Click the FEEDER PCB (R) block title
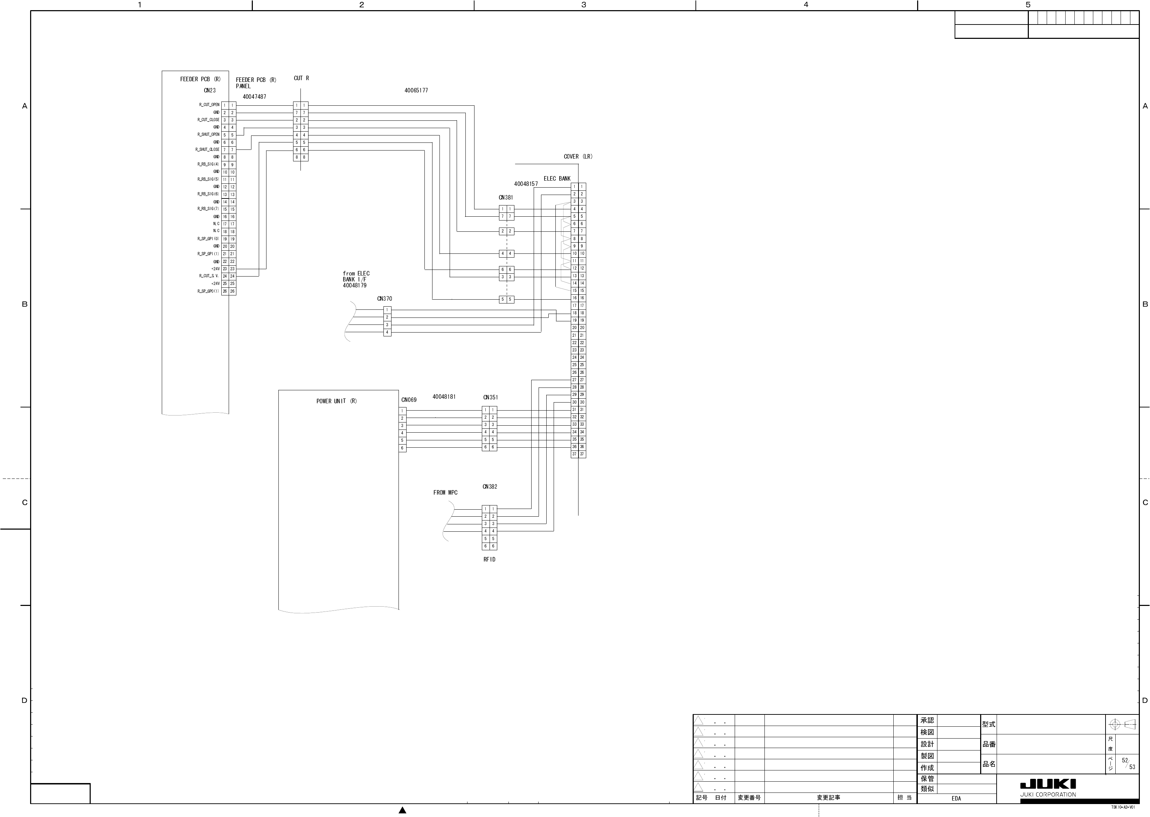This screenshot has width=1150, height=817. point(200,79)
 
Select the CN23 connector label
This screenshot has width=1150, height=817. point(209,91)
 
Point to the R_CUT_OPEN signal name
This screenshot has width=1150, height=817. point(209,105)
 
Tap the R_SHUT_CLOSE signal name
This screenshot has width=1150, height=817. point(207,149)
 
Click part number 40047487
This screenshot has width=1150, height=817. point(254,97)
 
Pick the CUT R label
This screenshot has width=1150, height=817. point(302,78)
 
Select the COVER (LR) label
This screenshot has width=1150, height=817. point(578,156)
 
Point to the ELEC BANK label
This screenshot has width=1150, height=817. point(557,179)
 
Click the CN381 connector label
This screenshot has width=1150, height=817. point(506,198)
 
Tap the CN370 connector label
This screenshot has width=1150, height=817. point(385,299)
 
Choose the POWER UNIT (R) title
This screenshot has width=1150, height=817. point(336,401)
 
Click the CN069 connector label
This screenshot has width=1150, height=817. point(409,400)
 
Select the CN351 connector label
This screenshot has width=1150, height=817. point(490,397)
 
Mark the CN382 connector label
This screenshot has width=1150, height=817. point(490,487)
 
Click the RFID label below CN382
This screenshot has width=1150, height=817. point(489,559)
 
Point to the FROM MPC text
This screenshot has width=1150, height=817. point(445,493)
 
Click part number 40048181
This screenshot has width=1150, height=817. point(444,397)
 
